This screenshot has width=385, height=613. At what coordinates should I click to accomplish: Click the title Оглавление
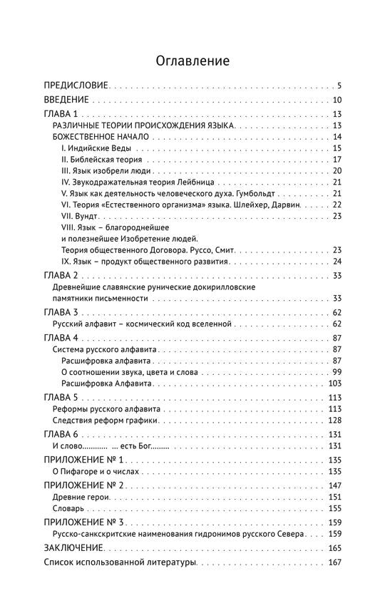point(192,61)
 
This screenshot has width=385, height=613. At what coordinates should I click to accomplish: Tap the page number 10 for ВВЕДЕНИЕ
point(338,100)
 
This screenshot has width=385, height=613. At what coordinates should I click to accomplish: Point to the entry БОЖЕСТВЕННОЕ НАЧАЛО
point(101,137)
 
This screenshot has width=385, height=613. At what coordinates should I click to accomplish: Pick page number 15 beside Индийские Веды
point(338,148)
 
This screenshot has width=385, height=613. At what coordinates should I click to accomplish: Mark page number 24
point(338,262)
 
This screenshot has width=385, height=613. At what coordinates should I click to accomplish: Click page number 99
point(338,373)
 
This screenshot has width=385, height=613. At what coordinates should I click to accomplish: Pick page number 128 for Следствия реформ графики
point(336,421)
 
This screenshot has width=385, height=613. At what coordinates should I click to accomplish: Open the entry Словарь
point(69,509)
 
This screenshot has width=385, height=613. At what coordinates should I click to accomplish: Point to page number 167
point(336,564)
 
